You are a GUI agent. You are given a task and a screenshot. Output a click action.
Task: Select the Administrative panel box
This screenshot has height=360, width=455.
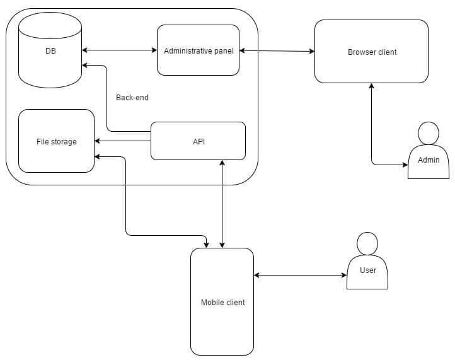pos(198,50)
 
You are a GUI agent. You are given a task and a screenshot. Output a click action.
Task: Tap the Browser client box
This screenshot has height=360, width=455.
pos(372,51)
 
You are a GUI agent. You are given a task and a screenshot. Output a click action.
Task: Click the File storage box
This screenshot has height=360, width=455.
pos(56,141)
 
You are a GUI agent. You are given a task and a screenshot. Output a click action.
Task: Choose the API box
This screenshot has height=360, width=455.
pos(199,141)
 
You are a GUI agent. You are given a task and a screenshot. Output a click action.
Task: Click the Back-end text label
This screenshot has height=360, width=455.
pos(132,98)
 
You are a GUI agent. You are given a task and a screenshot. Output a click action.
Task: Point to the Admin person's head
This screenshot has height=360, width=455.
pos(429,134)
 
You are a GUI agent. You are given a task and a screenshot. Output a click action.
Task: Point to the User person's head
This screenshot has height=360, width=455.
pos(367,243)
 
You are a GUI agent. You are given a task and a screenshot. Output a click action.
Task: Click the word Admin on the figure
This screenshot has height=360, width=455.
pos(429,160)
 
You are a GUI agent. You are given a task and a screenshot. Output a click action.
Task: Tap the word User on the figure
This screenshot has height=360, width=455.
pos(367,270)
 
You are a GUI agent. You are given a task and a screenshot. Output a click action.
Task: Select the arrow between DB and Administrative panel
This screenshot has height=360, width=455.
pos(119,50)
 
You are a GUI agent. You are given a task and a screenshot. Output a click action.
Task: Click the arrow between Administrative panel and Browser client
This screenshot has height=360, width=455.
pos(277,50)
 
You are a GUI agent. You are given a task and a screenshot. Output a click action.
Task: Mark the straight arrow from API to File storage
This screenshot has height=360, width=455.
pos(123,141)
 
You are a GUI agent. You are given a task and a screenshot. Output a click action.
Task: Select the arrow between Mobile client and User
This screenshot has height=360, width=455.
pos(300,275)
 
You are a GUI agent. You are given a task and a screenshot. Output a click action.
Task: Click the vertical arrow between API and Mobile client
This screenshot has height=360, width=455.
pos(222,202)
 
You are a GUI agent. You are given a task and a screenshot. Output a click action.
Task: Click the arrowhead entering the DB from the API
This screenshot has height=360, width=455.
pos(86,65)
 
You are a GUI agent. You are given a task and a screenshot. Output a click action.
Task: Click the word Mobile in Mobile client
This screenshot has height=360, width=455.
pos(212,303)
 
